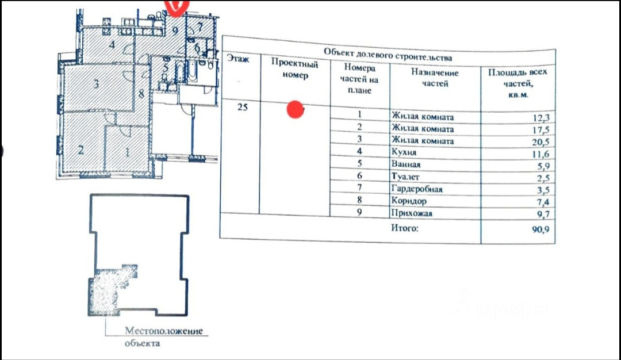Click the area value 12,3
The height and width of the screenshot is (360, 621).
tap(541, 119)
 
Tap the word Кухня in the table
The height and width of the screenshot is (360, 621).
tap(402, 153)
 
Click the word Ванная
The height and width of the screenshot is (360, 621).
tap(405, 165)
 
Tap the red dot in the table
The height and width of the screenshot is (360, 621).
tap(295, 110)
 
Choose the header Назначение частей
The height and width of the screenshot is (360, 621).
tap(434, 78)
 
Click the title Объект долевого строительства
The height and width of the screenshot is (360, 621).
tap(388, 53)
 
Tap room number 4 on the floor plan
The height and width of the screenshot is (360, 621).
tap(113, 44)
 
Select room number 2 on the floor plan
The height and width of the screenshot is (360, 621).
tap(81, 151)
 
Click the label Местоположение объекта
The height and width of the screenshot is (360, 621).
tap(164, 337)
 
